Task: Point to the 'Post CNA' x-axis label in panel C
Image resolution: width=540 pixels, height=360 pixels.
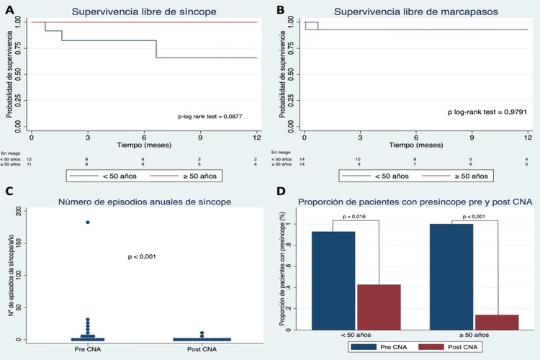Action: (x=202, y=349)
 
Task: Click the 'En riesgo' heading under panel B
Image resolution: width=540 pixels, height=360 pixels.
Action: (x=282, y=153)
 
